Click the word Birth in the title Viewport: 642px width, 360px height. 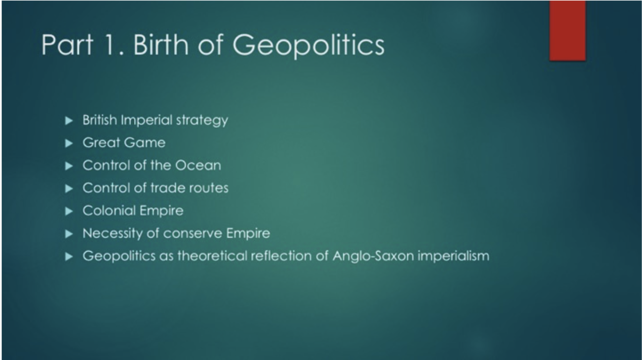click(x=161, y=45)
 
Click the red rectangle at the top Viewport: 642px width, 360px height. click(x=567, y=30)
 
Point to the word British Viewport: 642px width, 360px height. click(x=100, y=120)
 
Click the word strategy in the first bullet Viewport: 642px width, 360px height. click(x=202, y=121)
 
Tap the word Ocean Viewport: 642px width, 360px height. click(x=198, y=165)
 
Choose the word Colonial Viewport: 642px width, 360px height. click(x=109, y=210)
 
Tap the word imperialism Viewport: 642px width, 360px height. click(x=453, y=256)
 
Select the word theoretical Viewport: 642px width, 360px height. click(x=212, y=256)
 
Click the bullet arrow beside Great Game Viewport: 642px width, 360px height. click(x=69, y=143)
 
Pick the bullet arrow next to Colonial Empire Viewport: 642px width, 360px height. click(x=69, y=211)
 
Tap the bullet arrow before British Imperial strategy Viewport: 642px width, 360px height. click(x=69, y=120)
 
